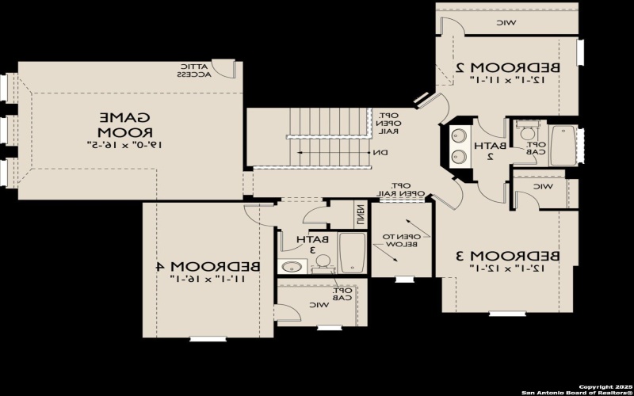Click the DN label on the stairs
pyautogui.click(x=380, y=153)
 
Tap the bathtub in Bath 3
pyautogui.click(x=352, y=251)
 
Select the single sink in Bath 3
pyautogui.click(x=294, y=266)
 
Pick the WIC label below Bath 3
pyautogui.click(x=317, y=304)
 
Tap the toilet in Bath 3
pyautogui.click(x=322, y=268)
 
